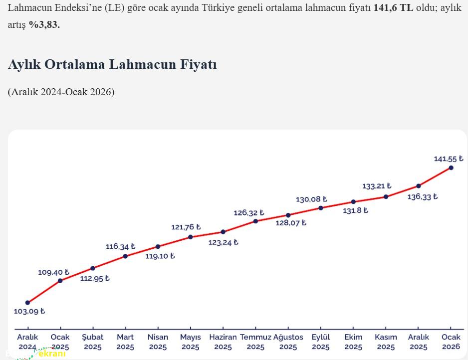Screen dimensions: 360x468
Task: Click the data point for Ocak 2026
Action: coord(451,168)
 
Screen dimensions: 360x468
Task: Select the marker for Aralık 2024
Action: coord(27,303)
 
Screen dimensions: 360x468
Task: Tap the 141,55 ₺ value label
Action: coord(448,159)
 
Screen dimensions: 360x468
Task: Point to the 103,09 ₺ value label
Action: coord(29,311)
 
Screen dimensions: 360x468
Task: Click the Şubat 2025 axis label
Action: coord(93,342)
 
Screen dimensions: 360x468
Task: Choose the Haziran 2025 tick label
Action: coord(223,342)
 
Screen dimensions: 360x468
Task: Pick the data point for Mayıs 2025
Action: coord(191,237)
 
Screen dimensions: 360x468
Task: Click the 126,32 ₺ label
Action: coord(248,213)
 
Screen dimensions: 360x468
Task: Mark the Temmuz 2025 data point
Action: coord(255,221)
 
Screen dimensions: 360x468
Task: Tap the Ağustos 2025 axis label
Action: coord(288,342)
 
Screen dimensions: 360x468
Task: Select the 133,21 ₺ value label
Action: coord(377,186)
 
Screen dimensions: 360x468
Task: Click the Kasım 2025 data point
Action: coord(386,197)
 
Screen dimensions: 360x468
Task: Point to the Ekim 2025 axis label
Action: coord(353,342)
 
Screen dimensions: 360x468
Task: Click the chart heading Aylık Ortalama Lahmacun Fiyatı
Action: coord(112,64)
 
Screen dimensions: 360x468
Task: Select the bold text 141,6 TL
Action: coord(393,8)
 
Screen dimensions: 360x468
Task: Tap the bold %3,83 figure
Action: coord(44,24)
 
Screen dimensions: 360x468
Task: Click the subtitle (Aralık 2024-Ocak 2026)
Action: coord(61,92)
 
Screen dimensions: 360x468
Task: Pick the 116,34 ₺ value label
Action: coord(120,246)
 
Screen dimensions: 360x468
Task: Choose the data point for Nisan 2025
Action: coord(158,246)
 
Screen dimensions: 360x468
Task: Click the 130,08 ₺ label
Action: coord(311,199)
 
